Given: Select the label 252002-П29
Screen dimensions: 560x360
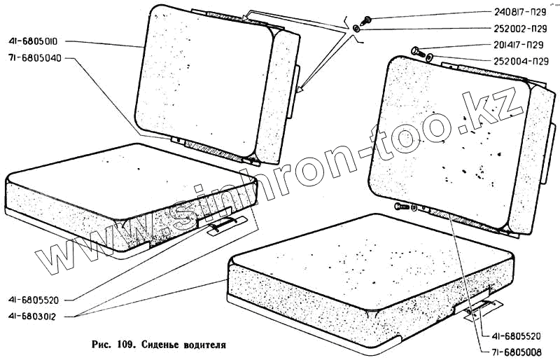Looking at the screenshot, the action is tap(519, 30).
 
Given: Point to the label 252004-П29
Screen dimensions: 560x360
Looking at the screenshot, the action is tap(519, 62).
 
